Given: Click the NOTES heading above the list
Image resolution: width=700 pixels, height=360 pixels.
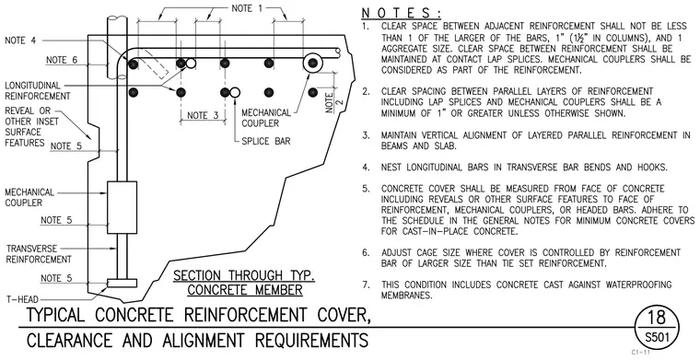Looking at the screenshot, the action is [401, 13].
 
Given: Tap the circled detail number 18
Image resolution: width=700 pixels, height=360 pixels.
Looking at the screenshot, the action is [656, 317].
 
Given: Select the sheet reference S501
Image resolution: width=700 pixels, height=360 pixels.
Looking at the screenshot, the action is [657, 337].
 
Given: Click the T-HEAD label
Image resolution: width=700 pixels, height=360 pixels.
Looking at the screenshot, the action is [22, 299].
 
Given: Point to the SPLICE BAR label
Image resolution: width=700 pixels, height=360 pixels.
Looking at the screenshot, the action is [266, 142].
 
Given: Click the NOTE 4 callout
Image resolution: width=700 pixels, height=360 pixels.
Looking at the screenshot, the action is [20, 41].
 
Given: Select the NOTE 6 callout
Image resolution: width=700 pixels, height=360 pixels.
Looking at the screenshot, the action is [62, 60].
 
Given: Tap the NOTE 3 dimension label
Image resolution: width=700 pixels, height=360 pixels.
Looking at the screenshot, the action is [203, 115].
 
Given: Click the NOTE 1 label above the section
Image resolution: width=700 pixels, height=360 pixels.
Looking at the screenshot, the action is [248, 8].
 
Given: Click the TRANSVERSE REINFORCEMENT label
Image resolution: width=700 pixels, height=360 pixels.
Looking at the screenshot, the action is [39, 254].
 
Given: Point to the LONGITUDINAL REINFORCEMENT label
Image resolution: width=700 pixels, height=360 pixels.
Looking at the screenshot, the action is [38, 90].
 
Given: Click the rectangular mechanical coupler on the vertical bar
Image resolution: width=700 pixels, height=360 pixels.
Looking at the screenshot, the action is [122, 207].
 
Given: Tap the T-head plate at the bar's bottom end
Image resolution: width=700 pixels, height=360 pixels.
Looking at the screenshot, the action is [122, 283].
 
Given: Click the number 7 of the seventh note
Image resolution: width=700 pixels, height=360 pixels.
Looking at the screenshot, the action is [366, 285].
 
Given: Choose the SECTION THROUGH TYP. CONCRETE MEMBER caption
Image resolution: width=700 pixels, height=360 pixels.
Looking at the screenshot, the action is [244, 283].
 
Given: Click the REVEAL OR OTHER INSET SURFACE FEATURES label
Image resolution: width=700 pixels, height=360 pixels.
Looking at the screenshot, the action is [31, 127].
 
